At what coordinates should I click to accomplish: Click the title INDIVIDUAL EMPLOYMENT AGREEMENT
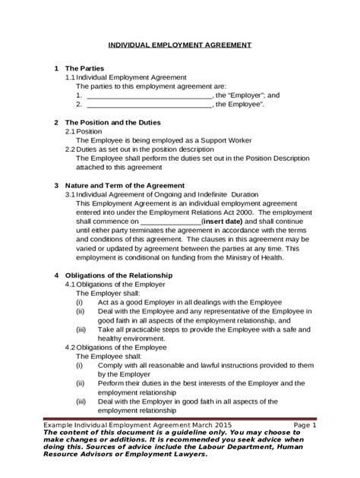tap(179, 46)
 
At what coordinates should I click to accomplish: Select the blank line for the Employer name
tap(149, 96)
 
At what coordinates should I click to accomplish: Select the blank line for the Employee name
tap(149, 105)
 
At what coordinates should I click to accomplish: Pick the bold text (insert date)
tap(224, 222)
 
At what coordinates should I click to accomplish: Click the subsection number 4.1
tap(70, 284)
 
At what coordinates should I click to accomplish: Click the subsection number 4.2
tap(70, 347)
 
